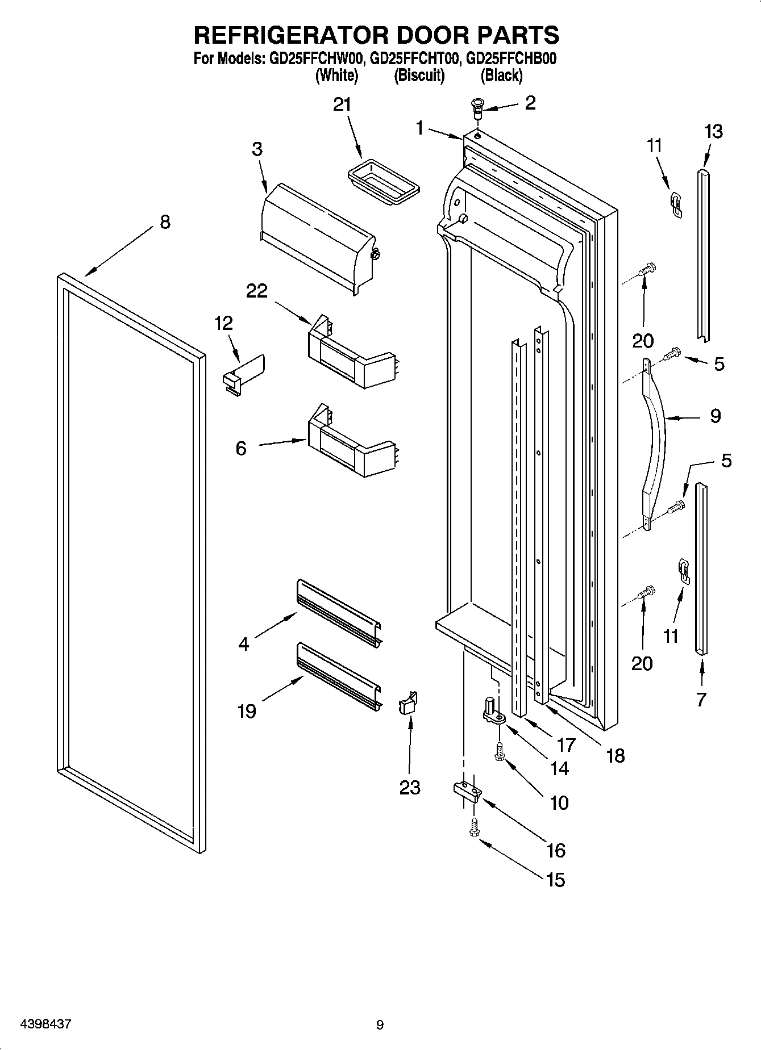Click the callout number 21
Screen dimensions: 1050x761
click(342, 105)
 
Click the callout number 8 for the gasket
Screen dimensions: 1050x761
click(165, 221)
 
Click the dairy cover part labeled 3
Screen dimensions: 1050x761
click(318, 239)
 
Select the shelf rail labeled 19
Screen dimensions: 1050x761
click(339, 676)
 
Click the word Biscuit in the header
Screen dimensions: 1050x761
click(419, 76)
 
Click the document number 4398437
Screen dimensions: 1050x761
click(45, 1024)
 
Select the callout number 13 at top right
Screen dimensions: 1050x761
click(713, 132)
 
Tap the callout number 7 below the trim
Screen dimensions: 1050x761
click(701, 700)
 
